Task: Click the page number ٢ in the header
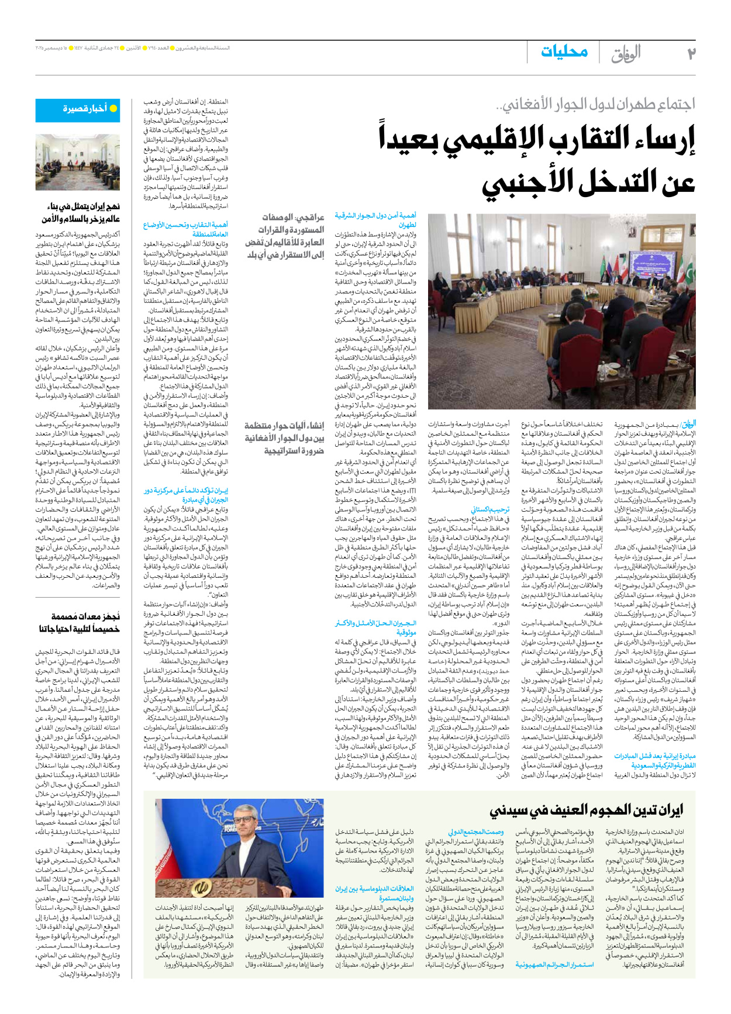[x=691, y=53]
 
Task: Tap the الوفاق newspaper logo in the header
[x=626, y=53]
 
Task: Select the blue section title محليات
[x=564, y=52]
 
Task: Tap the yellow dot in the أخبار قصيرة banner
[x=113, y=109]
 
